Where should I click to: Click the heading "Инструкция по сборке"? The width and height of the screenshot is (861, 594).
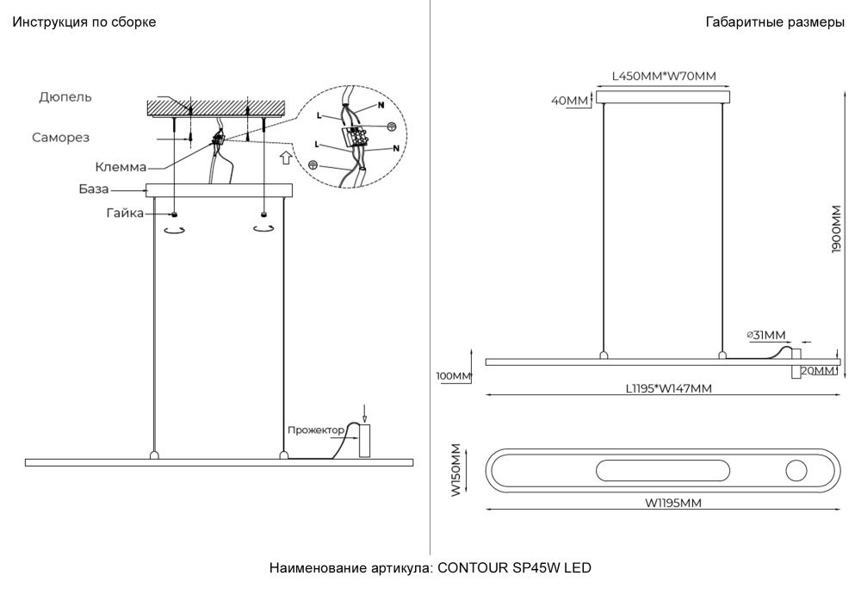(84, 22)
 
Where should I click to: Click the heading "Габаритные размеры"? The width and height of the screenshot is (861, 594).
(774, 22)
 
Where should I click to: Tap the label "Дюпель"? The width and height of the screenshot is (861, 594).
(65, 97)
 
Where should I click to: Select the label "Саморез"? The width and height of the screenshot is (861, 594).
(61, 137)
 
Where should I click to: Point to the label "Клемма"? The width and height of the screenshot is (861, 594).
(121, 167)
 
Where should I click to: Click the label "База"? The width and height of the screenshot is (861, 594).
(94, 189)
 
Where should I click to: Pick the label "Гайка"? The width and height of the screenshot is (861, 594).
(126, 213)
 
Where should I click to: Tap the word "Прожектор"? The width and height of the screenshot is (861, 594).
(316, 429)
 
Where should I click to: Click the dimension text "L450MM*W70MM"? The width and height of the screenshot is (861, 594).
(664, 76)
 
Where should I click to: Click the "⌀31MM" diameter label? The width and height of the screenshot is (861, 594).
(765, 335)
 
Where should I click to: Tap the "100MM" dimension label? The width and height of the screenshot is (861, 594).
(455, 377)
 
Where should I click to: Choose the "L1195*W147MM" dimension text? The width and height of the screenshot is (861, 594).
(668, 388)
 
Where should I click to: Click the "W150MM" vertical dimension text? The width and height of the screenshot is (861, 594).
(456, 470)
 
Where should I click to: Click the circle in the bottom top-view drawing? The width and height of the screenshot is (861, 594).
(795, 471)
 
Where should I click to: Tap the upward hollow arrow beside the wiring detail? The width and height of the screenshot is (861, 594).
(285, 158)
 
